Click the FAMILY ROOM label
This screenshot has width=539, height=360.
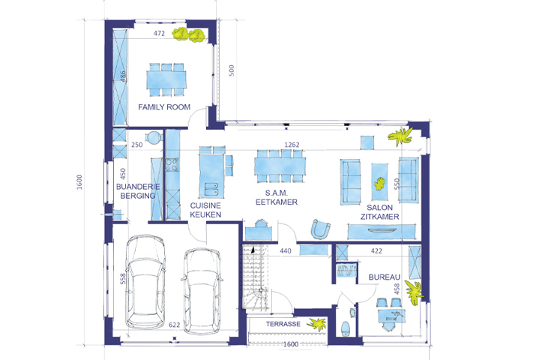tap(164, 107)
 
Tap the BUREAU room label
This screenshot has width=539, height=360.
tap(385, 277)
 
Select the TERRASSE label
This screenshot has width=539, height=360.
tap(283, 324)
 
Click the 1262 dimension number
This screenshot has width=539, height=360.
tap(292, 145)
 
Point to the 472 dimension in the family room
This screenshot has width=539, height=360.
tap(159, 33)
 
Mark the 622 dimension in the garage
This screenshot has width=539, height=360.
tap(174, 325)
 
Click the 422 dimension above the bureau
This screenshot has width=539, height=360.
tap(376, 251)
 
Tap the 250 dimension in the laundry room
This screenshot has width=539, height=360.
tap(137, 145)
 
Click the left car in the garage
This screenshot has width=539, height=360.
tap(145, 282)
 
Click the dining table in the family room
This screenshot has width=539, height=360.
tap(166, 79)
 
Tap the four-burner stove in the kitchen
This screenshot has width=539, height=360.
tap(172, 164)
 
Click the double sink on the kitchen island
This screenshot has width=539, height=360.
tap(211, 190)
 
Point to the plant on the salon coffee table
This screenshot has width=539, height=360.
tap(379, 183)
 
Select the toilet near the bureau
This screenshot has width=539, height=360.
tap(345, 328)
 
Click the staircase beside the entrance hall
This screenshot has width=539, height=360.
tap(256, 277)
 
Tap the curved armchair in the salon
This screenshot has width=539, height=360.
tap(320, 229)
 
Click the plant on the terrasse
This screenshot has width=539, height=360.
tap(317, 323)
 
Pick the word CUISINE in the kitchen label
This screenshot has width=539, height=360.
tap(205, 205)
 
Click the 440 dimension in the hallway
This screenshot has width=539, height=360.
tap(286, 251)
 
